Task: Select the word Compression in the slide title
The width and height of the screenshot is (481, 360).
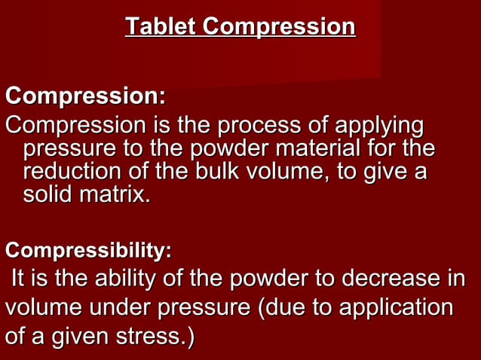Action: [278, 27]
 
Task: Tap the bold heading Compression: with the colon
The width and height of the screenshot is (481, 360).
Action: [85, 97]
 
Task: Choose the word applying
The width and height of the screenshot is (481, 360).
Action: [381, 124]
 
